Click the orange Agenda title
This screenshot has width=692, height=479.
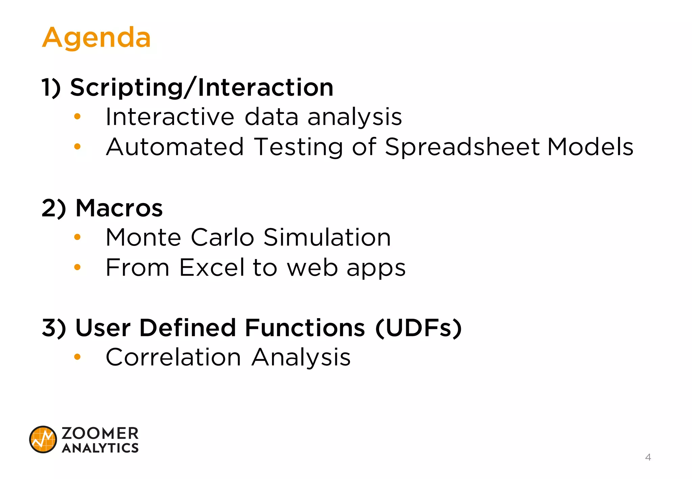96,38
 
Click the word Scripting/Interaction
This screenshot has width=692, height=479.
202,87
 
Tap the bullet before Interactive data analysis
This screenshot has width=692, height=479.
77,117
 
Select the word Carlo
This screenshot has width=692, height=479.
222,237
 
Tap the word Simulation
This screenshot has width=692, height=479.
327,237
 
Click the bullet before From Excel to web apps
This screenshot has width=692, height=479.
77,267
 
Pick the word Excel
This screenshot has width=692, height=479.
212,267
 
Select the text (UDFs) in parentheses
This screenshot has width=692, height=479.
419,328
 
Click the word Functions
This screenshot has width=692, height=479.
305,328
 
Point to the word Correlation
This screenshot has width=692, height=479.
173,357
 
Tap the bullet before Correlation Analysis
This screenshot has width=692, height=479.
77,357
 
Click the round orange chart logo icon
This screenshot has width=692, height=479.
43,439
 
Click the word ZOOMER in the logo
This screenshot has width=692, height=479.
100,433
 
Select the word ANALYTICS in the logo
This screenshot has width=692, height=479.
100,448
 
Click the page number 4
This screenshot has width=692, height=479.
648,457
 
